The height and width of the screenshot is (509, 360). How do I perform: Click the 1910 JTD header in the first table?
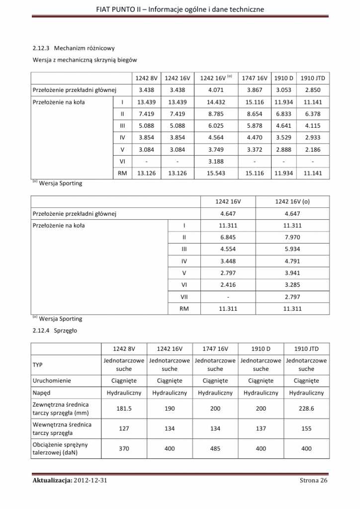point(313,78)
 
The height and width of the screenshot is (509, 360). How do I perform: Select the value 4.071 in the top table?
point(215,90)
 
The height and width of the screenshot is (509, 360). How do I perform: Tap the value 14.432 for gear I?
point(215,102)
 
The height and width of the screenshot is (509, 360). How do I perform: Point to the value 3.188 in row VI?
point(215,161)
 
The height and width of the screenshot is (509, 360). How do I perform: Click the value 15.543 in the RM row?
point(215,173)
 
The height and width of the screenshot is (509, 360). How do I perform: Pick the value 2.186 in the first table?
point(313,149)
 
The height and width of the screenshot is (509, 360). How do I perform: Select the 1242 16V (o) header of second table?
point(292,202)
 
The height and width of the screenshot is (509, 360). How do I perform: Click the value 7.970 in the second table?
point(292,237)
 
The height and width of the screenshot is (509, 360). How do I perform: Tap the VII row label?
point(184,296)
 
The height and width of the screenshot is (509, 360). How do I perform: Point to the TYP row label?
point(38,365)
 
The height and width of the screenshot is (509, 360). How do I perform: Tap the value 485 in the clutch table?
point(215,448)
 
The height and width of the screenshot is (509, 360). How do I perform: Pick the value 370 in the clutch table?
point(124,448)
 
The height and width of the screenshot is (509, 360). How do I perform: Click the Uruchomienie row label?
point(52,381)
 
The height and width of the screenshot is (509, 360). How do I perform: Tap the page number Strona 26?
point(314,480)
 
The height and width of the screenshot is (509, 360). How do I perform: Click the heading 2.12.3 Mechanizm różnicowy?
point(74,48)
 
